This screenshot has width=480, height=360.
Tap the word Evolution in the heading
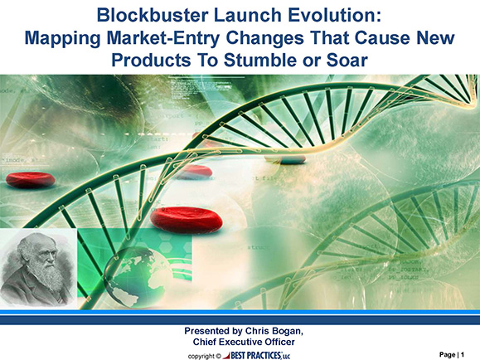pos(334,15)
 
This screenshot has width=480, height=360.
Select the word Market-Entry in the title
pos(162,38)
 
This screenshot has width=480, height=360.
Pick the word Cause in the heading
pos(382,38)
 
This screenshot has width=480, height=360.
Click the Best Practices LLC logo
pos(256,355)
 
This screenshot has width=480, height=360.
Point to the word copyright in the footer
pos(201,357)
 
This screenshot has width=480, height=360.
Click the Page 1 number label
pos(452,355)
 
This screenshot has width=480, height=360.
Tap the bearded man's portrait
pos(38,269)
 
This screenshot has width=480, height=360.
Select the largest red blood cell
pos(187,220)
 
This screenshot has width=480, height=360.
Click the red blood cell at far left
pos(31,180)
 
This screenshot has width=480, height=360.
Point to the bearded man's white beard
pos(46,275)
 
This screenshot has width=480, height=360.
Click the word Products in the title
pos(151,60)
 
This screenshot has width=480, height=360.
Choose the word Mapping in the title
pos(63,39)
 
